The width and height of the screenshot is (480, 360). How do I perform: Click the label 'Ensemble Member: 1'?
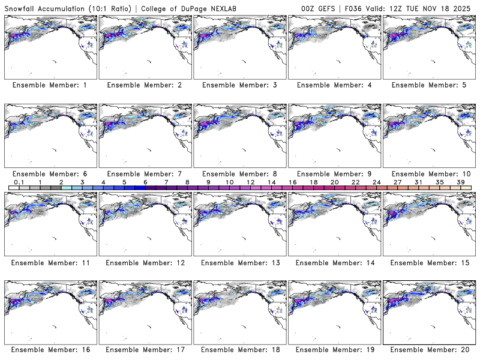point(50,85)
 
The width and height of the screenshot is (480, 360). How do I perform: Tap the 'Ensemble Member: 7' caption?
point(144,173)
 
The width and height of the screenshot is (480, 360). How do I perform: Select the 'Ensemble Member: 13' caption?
point(239,262)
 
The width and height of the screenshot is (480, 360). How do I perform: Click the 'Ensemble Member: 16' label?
point(50,350)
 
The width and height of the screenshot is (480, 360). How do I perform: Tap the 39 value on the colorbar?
point(460,182)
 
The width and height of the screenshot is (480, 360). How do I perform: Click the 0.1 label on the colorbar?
point(19,182)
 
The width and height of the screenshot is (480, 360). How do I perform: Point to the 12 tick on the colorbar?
point(250,182)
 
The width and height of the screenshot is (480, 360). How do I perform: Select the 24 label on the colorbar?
point(376,182)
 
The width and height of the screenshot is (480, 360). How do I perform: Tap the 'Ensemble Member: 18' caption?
point(239,350)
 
